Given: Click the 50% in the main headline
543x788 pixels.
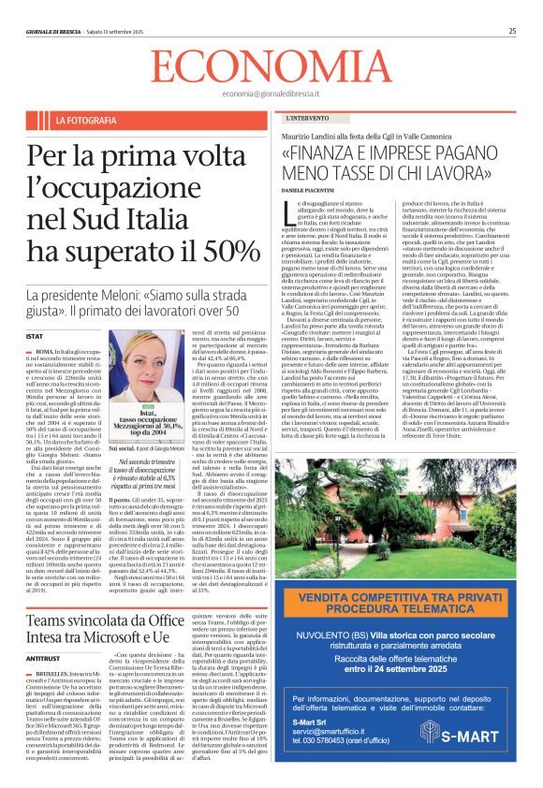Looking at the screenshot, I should point(220,251).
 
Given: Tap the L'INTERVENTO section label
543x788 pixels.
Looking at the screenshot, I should point(307,121).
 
